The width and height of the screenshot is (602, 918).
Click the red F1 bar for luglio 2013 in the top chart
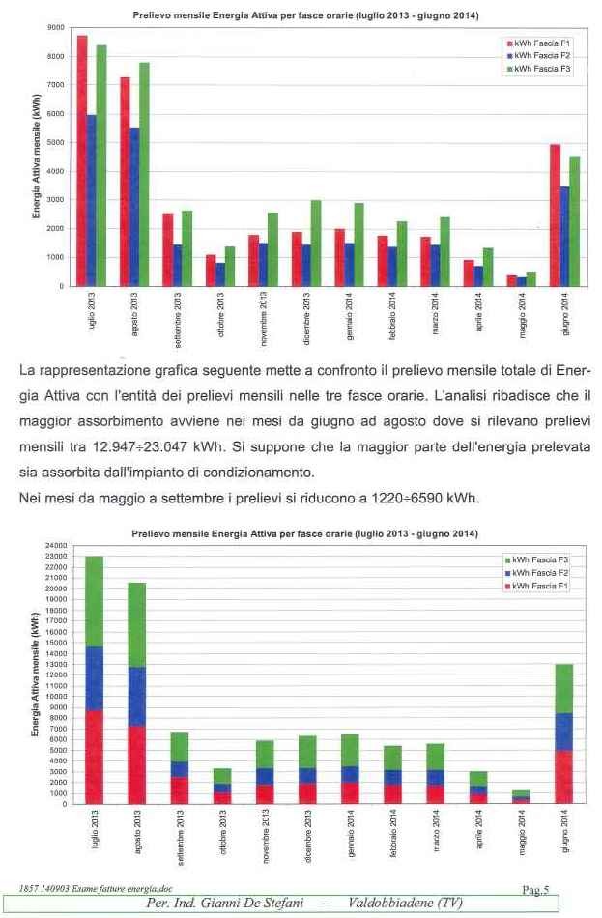coord(82,161)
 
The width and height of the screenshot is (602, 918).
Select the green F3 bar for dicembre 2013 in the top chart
coord(316,244)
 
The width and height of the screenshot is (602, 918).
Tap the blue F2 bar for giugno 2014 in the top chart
coord(565,237)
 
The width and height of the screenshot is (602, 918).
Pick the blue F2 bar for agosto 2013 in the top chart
coord(134,207)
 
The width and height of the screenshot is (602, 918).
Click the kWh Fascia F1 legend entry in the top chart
coord(538,43)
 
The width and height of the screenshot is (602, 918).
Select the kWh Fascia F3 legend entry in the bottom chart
coord(536,560)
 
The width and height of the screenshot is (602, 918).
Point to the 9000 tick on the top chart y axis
coord(56,27)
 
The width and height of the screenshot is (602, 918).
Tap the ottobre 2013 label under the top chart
coord(220,313)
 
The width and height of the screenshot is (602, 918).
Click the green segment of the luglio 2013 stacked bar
coord(95,602)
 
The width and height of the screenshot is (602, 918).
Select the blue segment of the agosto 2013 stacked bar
coord(137,697)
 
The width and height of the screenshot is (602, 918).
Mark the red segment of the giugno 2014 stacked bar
coord(564,777)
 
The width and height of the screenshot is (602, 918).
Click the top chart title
coord(305,15)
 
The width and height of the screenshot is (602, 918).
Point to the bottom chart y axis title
coord(35,674)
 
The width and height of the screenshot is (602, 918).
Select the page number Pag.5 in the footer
coord(534,891)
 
